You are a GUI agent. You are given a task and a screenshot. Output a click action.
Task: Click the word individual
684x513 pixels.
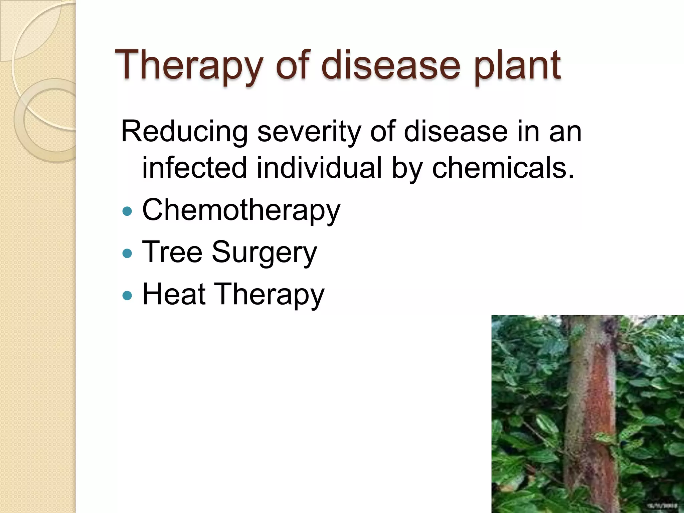(319, 168)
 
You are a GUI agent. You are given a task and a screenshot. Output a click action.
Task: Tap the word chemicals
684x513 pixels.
(503, 168)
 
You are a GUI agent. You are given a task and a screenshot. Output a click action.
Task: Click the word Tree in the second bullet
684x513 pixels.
(172, 252)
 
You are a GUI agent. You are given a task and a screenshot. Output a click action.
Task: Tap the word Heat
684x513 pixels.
(174, 294)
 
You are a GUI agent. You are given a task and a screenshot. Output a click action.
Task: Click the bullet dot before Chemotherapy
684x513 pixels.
(127, 211)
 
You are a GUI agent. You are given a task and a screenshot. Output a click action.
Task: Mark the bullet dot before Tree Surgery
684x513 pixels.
(127, 253)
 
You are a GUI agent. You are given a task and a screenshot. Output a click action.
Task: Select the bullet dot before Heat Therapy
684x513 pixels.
(127, 295)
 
